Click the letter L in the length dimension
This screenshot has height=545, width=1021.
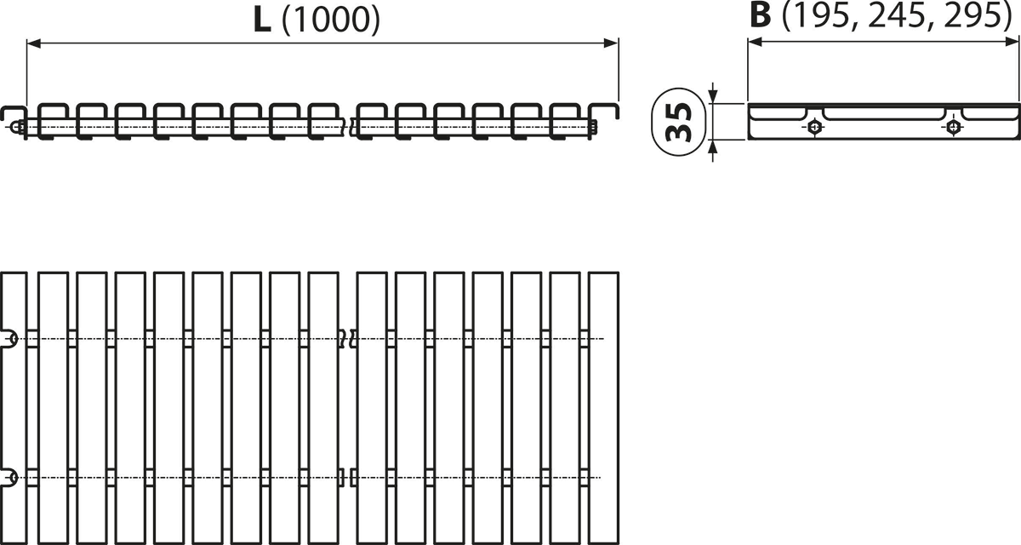(x=264, y=20)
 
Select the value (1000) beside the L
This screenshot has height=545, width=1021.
(x=328, y=21)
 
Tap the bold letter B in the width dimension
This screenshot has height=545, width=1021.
(x=762, y=16)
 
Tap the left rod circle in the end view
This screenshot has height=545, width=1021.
(x=815, y=129)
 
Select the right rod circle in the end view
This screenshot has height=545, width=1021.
(x=955, y=129)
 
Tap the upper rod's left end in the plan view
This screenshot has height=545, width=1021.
(x=9, y=338)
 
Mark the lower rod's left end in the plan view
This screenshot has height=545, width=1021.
(x=9, y=478)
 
